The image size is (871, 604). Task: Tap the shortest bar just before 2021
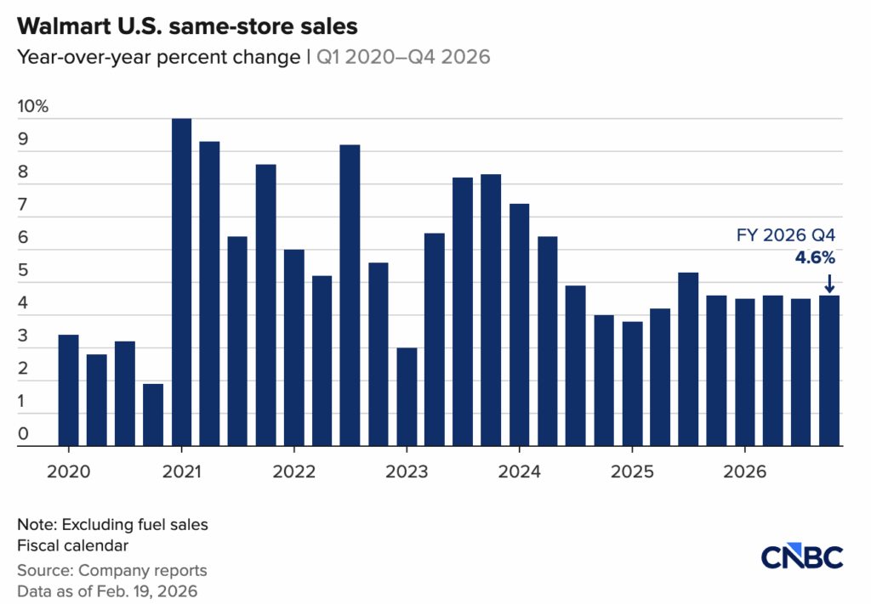coord(153,414)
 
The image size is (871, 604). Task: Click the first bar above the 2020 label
coord(69,389)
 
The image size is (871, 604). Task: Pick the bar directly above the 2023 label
coord(407,396)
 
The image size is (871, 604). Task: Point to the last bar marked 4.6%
coord(829,370)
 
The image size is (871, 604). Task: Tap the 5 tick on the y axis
coord(23,271)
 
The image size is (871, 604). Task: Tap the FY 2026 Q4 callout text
coord(786,235)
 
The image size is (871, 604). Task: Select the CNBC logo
coord(802,557)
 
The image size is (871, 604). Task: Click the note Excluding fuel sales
coord(112,525)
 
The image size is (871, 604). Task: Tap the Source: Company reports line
coord(111,570)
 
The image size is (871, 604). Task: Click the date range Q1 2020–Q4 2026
coord(404,57)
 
